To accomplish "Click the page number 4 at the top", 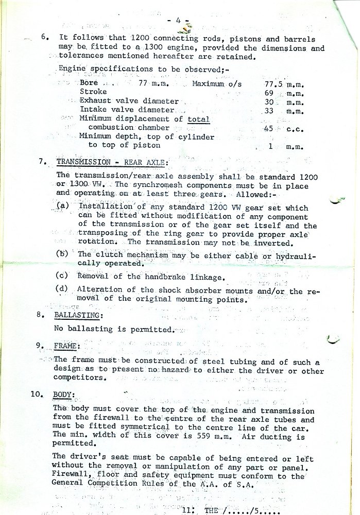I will [x=177, y=21].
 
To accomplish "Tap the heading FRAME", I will [x=67, y=346].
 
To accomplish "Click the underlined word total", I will [x=198, y=119].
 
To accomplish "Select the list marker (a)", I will [x=63, y=207].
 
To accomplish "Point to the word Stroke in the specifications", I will [x=93, y=92].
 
